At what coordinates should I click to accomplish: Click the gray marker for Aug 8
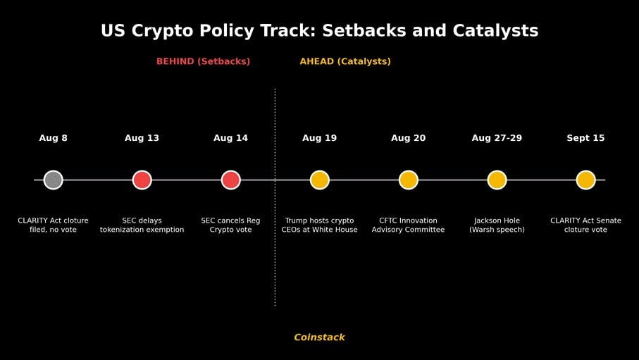coord(54,180)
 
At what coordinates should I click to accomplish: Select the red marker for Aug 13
coord(142,180)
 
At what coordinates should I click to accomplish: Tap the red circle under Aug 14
coord(230,180)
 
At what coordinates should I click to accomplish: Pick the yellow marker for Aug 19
coord(320,180)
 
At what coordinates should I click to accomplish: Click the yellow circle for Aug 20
coord(409,180)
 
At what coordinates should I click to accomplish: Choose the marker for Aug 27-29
coord(497,180)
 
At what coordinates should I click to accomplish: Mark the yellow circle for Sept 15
coord(585,180)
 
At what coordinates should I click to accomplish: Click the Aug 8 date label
coord(54,138)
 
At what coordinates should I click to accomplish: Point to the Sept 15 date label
coord(585,138)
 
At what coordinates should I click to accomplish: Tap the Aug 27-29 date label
coord(497,138)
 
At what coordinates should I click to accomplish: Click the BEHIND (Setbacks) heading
coord(204,61)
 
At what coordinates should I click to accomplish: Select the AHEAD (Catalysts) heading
coord(345,61)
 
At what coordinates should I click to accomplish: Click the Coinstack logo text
coord(320,337)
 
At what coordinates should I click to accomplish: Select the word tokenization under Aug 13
coord(120,230)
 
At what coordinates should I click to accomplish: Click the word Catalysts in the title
coord(495,31)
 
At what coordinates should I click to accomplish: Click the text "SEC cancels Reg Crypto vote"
coord(230,225)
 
